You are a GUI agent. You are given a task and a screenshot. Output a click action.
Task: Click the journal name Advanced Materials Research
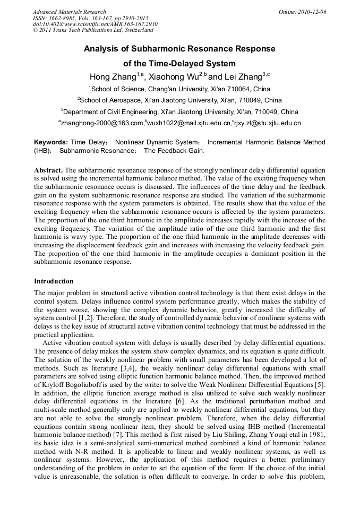(x=70, y=12)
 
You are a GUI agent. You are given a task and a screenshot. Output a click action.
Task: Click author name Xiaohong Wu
(x=175, y=76)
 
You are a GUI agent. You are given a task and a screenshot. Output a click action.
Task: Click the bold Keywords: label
(x=51, y=142)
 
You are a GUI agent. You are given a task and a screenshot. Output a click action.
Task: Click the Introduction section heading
(x=54, y=281)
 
